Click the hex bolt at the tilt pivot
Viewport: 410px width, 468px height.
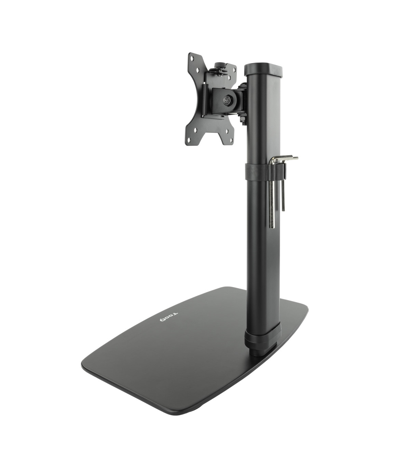pyautogui.click(x=227, y=100)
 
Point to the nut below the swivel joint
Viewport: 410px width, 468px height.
pyautogui.click(x=244, y=120)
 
